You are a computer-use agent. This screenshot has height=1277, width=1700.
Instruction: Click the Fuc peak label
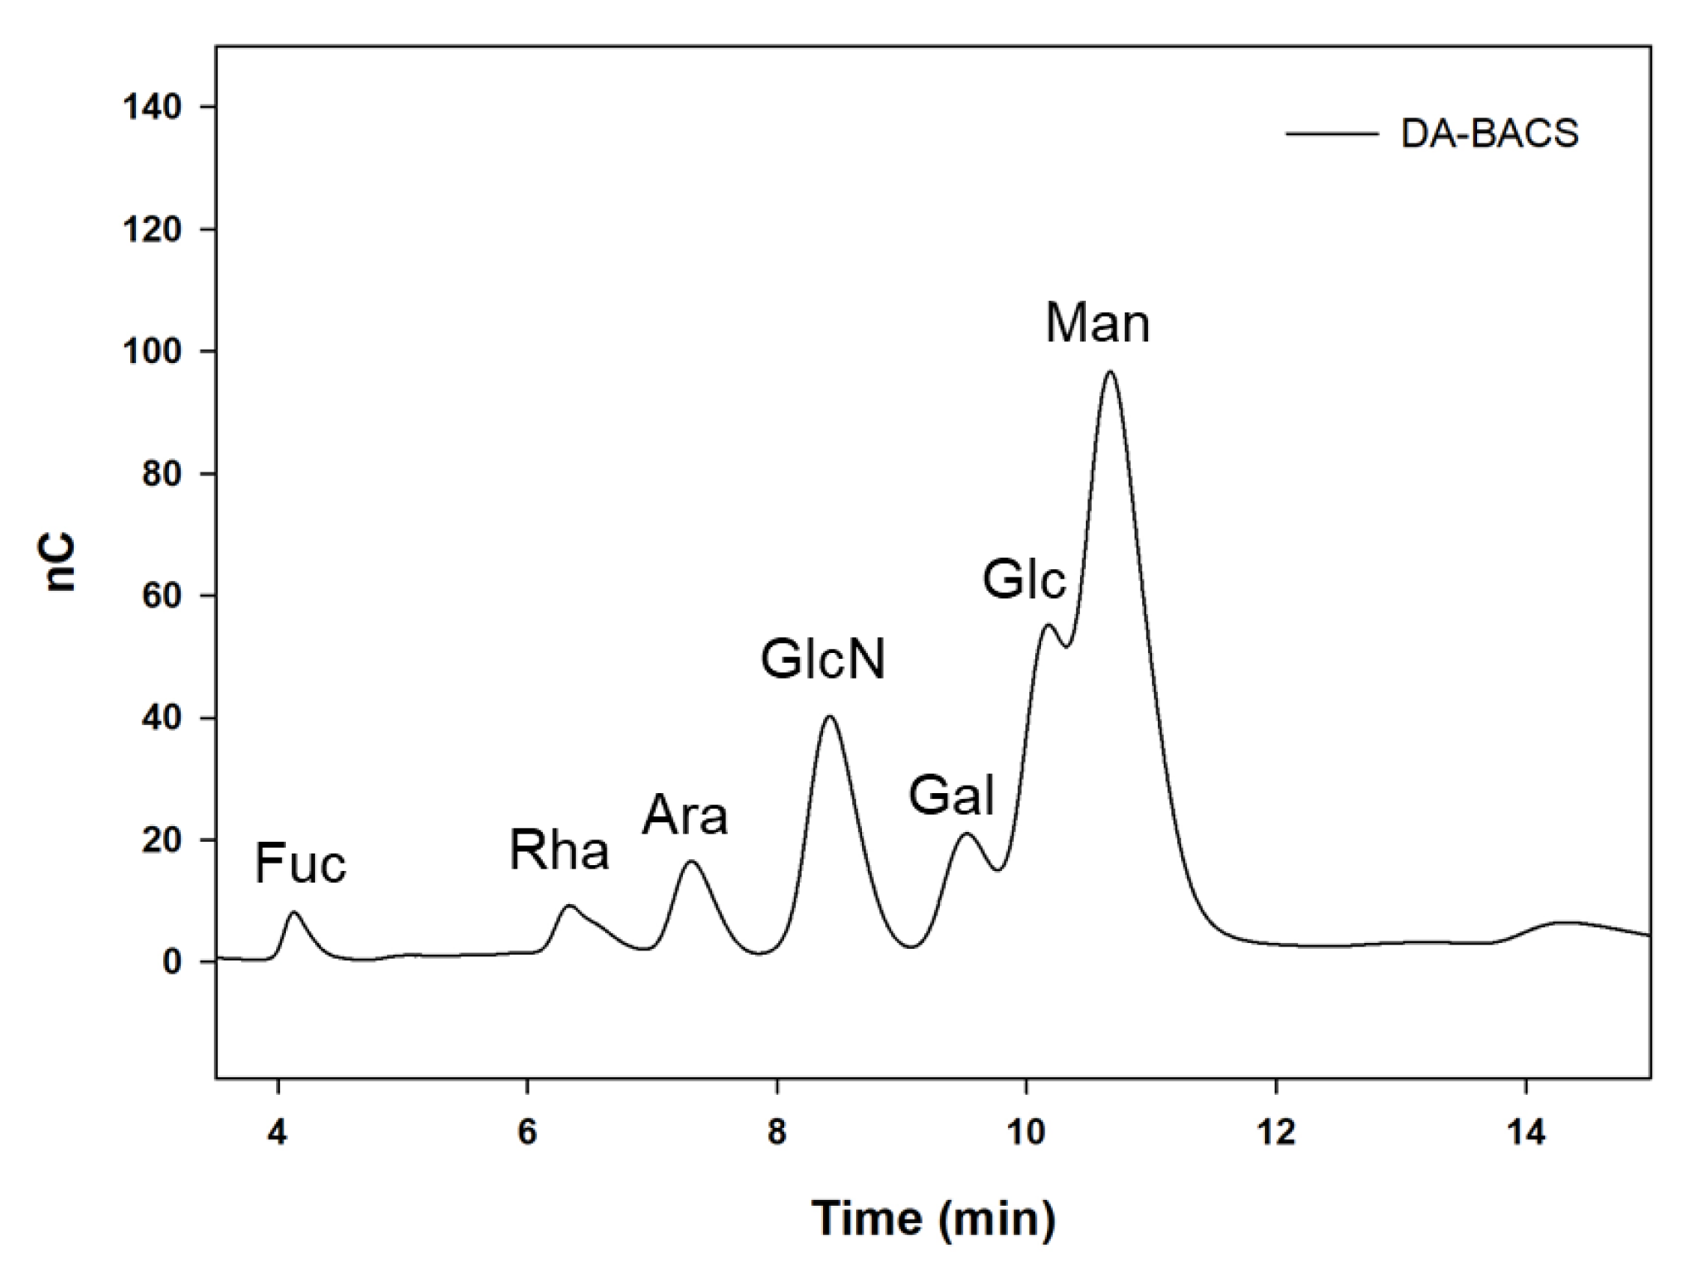click(x=300, y=863)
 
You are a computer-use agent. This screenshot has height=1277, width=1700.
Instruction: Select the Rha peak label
click(x=559, y=851)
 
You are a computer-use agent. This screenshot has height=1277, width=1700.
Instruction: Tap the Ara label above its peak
click(x=685, y=816)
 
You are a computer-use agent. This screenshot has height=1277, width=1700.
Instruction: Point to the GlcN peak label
click(x=823, y=661)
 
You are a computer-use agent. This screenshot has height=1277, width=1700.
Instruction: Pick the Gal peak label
click(x=951, y=796)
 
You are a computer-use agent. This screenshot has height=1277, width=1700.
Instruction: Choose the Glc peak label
click(x=1024, y=579)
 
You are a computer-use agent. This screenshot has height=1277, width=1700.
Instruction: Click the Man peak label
click(x=1097, y=323)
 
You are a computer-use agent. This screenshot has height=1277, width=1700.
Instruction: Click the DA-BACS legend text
click(x=1489, y=134)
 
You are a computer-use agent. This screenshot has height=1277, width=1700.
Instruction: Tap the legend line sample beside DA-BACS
click(x=1332, y=134)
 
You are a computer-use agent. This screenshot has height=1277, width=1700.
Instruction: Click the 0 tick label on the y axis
click(x=172, y=962)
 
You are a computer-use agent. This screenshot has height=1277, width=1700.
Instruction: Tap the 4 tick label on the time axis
click(x=278, y=1133)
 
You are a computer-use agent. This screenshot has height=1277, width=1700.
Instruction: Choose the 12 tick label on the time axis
click(x=1276, y=1133)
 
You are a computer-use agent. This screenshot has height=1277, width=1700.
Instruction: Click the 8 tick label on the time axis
click(x=777, y=1133)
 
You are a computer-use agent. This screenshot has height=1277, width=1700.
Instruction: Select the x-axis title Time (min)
click(x=933, y=1217)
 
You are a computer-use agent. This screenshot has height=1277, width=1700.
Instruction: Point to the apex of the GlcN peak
click(x=830, y=716)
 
